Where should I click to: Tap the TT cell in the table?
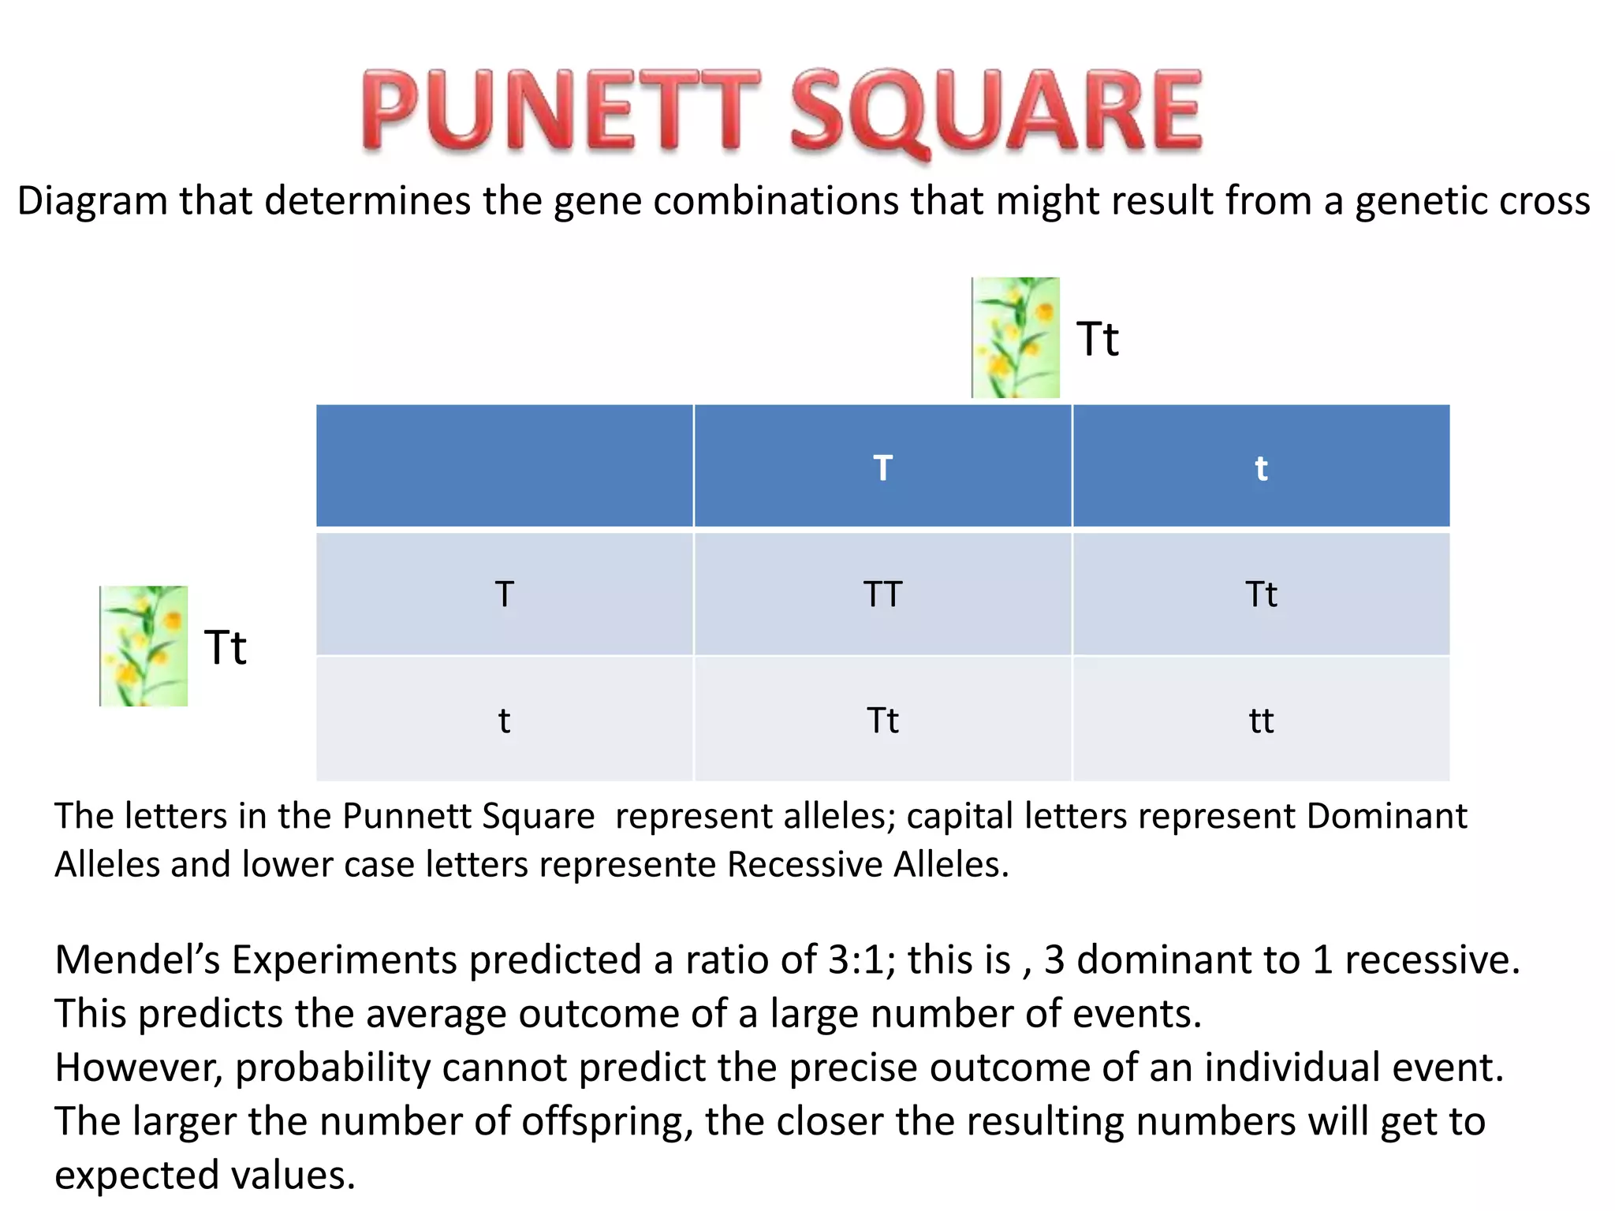pos(882,594)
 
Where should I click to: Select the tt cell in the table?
pos(1261,721)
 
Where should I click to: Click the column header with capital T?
pos(882,468)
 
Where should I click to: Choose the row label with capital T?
pos(505,594)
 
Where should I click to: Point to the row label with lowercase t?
pos(505,721)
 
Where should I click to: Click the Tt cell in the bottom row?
pos(882,721)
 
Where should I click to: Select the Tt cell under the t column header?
pos(1261,594)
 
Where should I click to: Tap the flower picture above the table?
pos(1016,337)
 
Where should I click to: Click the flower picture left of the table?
pos(144,646)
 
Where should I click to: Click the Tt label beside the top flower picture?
pos(1098,340)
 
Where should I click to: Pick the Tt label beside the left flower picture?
pos(226,648)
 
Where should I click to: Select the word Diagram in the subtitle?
pos(92,201)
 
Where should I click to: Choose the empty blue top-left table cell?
pos(505,466)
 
